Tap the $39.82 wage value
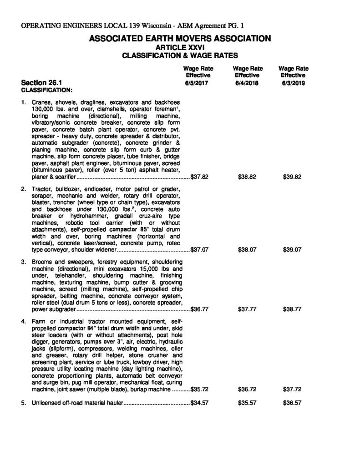click(x=292, y=177)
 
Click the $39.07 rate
click(x=292, y=250)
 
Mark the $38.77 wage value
click(x=292, y=309)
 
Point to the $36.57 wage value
click(x=292, y=404)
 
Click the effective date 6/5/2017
click(x=197, y=83)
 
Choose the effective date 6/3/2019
click(x=293, y=83)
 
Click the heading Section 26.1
click(x=41, y=83)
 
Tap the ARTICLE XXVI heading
click(x=180, y=47)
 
